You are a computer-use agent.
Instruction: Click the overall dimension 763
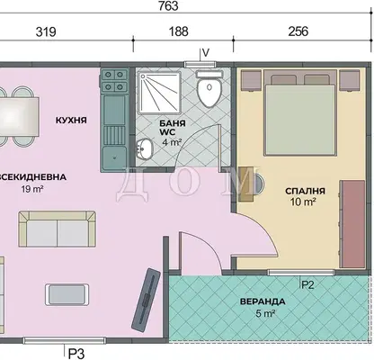click(x=169, y=6)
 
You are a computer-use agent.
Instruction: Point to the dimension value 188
click(x=179, y=31)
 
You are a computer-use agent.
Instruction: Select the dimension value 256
click(x=298, y=31)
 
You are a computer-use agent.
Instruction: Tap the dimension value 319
click(x=46, y=31)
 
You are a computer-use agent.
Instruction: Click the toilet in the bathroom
click(x=209, y=88)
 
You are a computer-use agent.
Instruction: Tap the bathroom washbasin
click(x=145, y=148)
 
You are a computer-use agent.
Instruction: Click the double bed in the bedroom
click(x=299, y=112)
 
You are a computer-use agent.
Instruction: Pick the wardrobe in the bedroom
click(x=352, y=224)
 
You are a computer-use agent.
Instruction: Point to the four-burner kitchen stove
click(x=114, y=80)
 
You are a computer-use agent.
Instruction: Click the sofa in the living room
click(x=57, y=229)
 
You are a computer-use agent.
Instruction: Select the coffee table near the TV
click(x=67, y=294)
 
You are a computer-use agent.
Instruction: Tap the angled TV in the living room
click(x=147, y=300)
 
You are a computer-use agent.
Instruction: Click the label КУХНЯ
click(x=71, y=121)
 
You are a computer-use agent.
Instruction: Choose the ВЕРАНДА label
click(x=263, y=301)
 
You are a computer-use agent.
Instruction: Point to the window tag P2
click(x=307, y=284)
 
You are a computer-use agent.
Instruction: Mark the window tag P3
click(x=76, y=354)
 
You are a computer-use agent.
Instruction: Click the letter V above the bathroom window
click(x=206, y=53)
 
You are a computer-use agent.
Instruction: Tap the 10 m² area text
click(x=303, y=202)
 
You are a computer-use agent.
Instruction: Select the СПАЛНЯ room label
click(x=305, y=191)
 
